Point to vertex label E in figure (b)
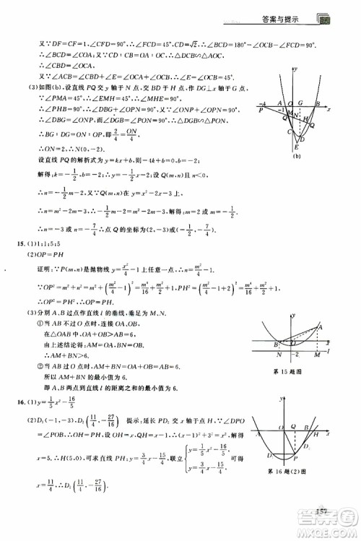(x=295, y=146)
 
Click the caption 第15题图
(x=290, y=373)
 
